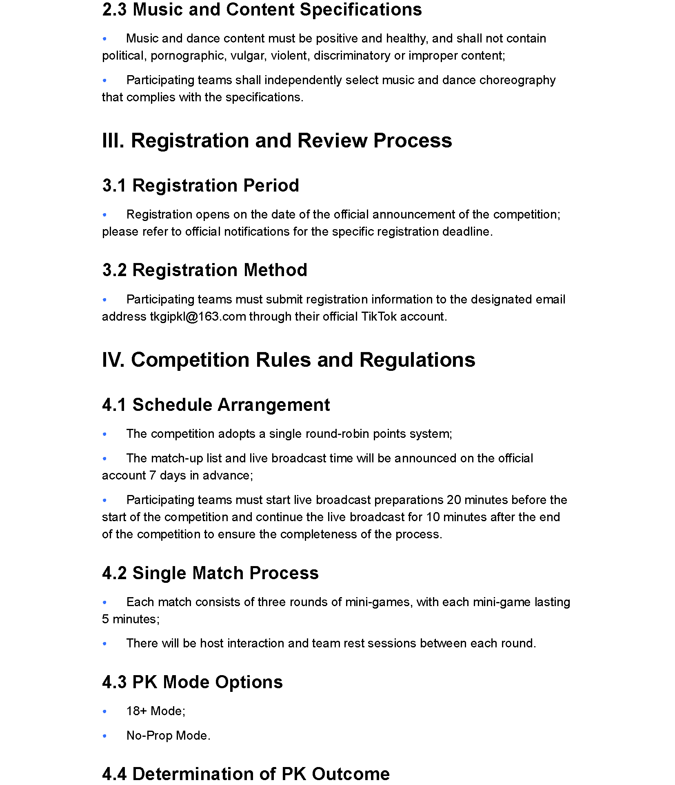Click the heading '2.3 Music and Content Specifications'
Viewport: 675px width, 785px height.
click(262, 10)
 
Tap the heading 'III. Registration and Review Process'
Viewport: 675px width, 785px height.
click(277, 140)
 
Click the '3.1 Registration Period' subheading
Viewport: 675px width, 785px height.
click(200, 185)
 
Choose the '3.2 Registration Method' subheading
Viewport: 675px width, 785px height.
click(204, 270)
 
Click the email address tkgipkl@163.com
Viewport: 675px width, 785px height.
click(198, 317)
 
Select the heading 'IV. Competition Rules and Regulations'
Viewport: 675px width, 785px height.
click(289, 360)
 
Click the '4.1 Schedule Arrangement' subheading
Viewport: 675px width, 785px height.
click(216, 405)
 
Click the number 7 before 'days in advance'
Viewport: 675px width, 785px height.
click(153, 475)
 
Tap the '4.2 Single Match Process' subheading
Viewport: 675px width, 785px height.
click(210, 573)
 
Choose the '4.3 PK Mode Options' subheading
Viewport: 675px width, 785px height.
click(192, 682)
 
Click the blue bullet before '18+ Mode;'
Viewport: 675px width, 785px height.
click(105, 711)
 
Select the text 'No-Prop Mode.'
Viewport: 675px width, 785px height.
click(168, 736)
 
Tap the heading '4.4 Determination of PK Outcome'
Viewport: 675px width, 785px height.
click(246, 774)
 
